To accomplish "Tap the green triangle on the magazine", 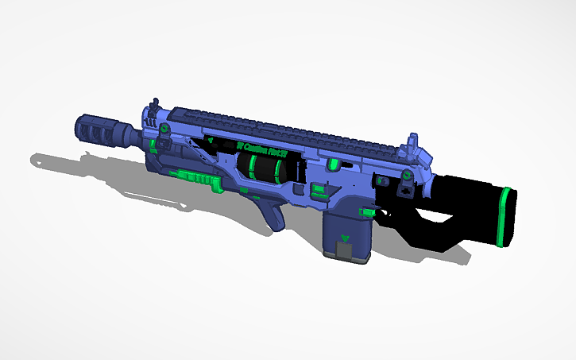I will coord(344,238).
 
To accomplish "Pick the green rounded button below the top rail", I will coord(334,162).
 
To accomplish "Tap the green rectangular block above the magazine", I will coord(319,190).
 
